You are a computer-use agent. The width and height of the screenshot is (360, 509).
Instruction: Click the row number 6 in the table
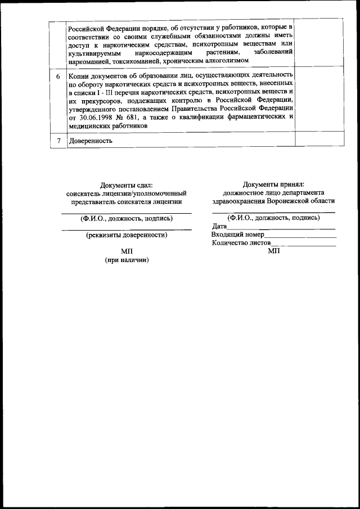pos(58,75)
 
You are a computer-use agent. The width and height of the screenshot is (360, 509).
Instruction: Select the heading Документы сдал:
pos(126,185)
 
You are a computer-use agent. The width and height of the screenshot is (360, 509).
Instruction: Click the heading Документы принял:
pos(273,184)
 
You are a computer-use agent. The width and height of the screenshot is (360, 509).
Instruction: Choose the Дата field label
pos(219,226)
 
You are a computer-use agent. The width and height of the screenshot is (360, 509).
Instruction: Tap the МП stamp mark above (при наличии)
pos(126,251)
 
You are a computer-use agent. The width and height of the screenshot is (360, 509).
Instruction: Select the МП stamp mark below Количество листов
pos(273,251)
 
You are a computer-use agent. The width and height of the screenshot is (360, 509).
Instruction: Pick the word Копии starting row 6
pos(80,75)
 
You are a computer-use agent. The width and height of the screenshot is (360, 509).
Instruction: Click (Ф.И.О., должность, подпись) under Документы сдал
pos(126,218)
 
